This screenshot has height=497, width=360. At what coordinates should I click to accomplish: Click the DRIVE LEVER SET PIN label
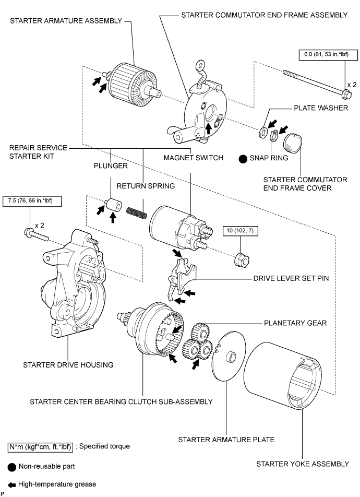pos(291,279)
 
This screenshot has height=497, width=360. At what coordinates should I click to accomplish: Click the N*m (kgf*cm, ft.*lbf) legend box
pos(40,447)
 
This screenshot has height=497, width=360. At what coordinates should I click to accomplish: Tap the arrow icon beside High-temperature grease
pos(11,484)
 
